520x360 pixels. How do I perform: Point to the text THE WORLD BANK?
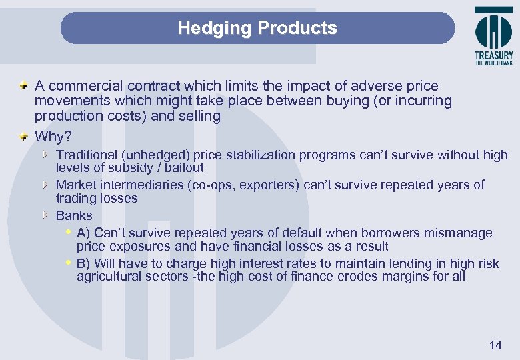click(x=494, y=63)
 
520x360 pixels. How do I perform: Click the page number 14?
click(x=495, y=345)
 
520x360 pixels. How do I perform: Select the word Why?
click(x=53, y=137)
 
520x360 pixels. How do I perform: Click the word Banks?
click(x=74, y=216)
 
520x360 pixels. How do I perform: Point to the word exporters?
click(x=271, y=185)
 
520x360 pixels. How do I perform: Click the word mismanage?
click(x=461, y=233)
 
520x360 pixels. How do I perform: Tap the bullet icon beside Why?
click(x=23, y=137)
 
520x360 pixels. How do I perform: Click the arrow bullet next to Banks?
click(x=45, y=215)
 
